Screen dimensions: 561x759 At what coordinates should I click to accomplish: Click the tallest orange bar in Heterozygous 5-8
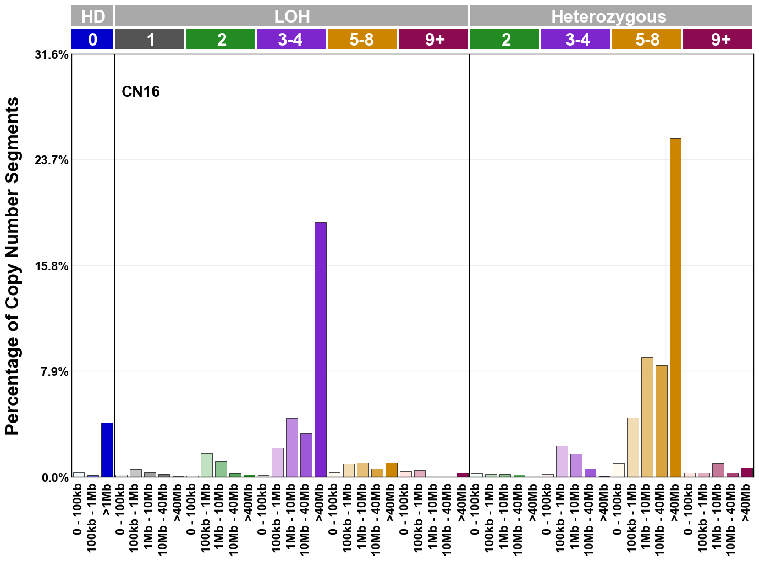point(675,308)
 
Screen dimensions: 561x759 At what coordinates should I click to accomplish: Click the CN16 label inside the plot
point(141,91)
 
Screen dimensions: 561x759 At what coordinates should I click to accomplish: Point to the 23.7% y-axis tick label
point(52,160)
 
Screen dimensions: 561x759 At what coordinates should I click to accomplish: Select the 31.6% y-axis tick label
point(52,55)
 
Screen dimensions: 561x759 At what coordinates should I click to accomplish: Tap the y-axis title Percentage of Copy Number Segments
point(12,266)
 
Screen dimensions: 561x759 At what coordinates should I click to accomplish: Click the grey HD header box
point(92,16)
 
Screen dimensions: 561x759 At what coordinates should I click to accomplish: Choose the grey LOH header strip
point(291,16)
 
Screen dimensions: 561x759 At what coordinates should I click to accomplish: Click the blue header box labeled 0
point(92,40)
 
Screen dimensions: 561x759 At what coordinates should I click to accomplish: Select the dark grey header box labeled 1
point(150,40)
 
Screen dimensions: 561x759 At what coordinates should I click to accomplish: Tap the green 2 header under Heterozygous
point(505,40)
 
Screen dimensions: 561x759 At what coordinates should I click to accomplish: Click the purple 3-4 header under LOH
point(291,40)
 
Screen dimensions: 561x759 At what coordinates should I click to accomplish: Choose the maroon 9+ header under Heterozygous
point(718,40)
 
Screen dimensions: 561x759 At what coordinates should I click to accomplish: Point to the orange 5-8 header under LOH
point(362,40)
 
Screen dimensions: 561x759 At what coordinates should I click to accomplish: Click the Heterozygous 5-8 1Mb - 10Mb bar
point(647,417)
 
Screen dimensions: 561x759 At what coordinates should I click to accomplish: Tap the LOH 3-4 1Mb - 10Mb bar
point(291,447)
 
